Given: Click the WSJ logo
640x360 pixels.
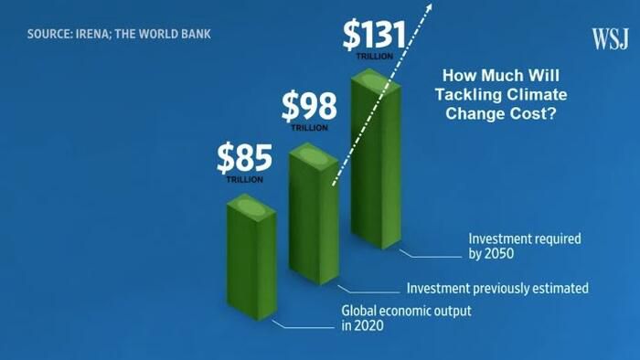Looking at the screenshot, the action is click(x=610, y=39).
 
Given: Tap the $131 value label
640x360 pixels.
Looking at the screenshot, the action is click(x=374, y=35).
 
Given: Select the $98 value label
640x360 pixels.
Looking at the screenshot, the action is click(x=309, y=106).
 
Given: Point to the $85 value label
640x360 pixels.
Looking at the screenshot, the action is click(x=244, y=158).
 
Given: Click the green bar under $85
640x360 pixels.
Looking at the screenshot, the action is click(x=251, y=258).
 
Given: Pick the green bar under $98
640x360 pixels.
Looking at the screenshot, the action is click(x=314, y=214).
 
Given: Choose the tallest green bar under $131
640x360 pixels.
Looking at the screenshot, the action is click(x=377, y=159).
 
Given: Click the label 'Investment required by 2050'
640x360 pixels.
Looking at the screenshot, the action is click(x=525, y=246).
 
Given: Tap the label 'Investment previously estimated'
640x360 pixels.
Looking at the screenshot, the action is click(x=497, y=288).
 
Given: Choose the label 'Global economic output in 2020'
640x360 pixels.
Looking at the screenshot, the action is click(x=406, y=318).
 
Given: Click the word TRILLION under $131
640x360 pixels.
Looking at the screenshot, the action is click(x=374, y=57).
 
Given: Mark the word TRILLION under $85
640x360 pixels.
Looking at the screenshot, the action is click(x=244, y=179).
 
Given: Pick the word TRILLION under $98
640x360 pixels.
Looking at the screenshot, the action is click(x=309, y=128).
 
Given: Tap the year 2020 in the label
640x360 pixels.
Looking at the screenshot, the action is click(x=369, y=326).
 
